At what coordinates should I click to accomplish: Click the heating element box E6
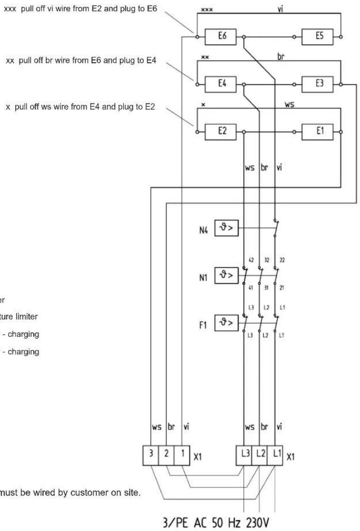[221, 37]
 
